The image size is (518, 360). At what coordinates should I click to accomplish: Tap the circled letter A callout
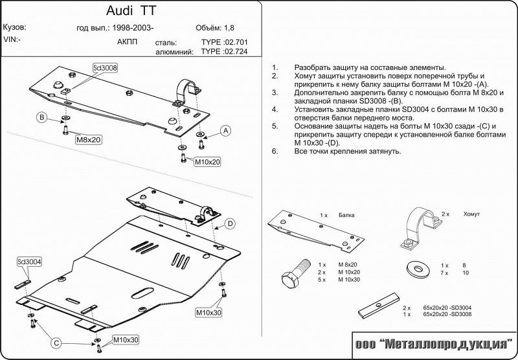(x=225, y=130)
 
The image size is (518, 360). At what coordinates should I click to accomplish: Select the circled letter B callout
(x=41, y=117)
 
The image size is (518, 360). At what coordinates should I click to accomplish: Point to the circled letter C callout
(x=56, y=343)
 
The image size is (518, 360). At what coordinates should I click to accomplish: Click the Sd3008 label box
(x=104, y=67)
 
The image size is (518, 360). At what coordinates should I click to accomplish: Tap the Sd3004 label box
(x=30, y=262)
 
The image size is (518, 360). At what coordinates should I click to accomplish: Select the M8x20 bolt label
(x=89, y=139)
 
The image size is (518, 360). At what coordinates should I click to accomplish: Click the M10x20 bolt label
(x=208, y=162)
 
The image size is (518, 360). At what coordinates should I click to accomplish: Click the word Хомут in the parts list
(x=473, y=214)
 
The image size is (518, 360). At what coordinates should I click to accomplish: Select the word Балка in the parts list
(x=346, y=214)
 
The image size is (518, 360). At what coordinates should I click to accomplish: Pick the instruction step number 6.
(x=275, y=152)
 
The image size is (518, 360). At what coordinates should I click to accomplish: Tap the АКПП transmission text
(x=127, y=41)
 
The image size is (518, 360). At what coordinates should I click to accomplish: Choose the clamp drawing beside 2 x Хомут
(x=420, y=228)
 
